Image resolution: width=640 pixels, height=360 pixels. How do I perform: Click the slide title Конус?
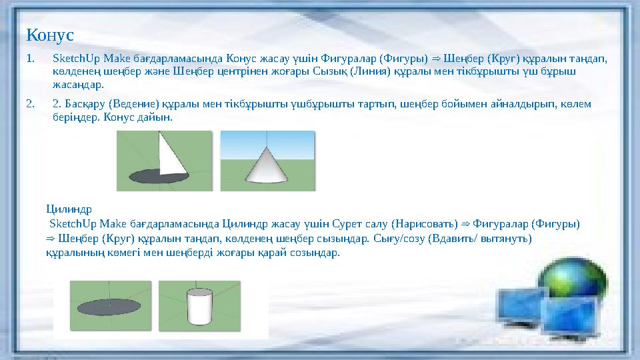click(49, 33)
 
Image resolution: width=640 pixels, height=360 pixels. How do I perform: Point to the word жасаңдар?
click(79, 85)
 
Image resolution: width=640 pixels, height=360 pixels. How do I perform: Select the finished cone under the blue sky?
click(267, 164)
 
